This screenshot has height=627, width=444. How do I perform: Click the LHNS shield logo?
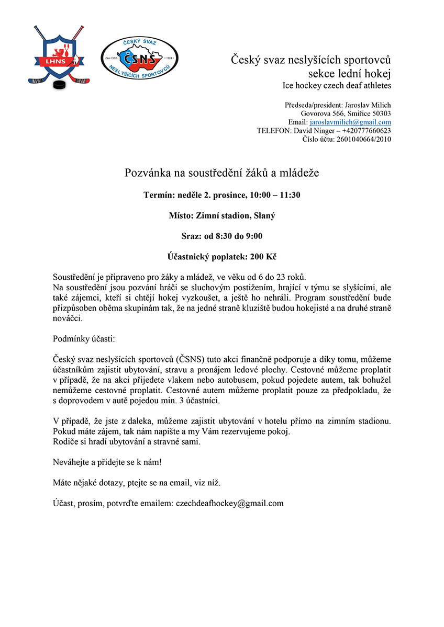point(55,55)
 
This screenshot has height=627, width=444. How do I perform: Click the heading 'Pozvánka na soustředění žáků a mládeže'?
point(221,173)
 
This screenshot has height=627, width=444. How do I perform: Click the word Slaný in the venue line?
point(265,215)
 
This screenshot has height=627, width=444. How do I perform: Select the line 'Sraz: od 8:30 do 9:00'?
point(221,236)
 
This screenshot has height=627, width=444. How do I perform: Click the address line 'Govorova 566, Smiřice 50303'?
point(346,113)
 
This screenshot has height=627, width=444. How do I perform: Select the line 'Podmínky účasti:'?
point(83,339)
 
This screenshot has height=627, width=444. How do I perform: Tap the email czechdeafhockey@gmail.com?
point(230,504)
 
